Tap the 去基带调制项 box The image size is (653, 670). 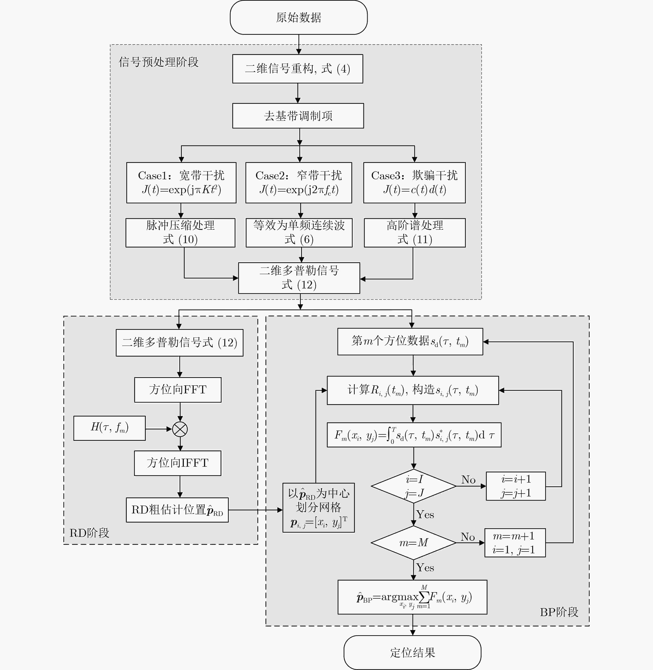(x=298, y=116)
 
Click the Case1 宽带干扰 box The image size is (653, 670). (x=181, y=183)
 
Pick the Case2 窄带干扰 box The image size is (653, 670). (x=299, y=183)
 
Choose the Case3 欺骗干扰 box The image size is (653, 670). (x=414, y=183)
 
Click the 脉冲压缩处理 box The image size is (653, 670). (x=180, y=232)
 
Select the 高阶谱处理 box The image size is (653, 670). (x=415, y=232)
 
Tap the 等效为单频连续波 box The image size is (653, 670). (x=299, y=232)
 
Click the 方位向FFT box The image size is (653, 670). (x=178, y=390)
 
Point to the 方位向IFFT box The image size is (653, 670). (x=178, y=463)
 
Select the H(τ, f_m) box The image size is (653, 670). (x=109, y=428)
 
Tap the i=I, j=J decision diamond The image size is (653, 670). (x=414, y=486)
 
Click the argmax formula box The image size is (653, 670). (x=412, y=597)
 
